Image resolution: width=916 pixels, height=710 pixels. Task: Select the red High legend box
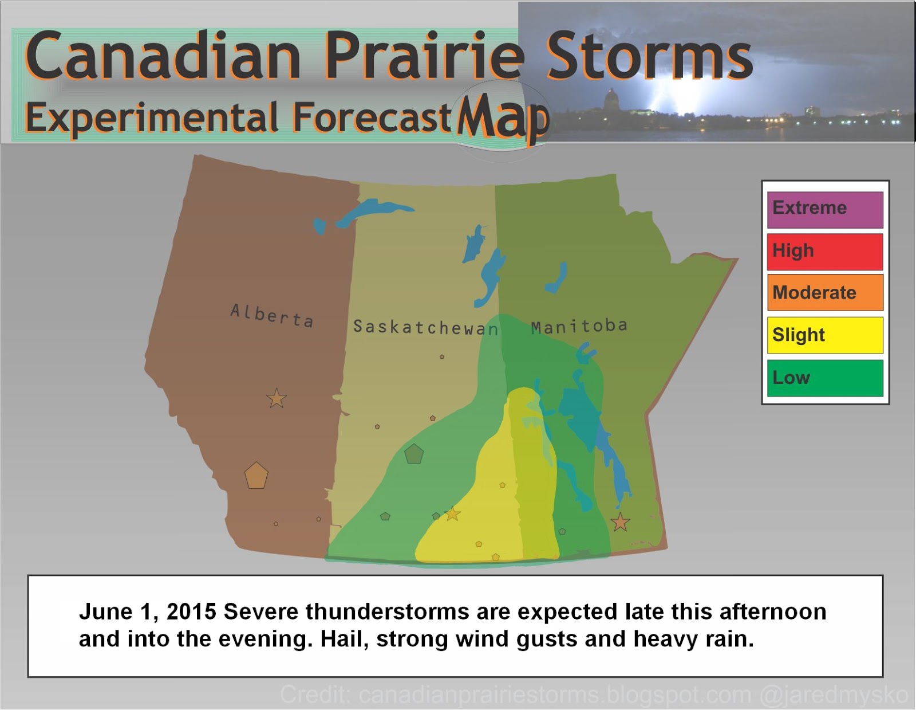pos(824,252)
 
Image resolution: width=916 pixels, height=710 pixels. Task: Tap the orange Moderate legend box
pos(824,293)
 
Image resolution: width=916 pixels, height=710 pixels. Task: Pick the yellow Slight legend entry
pos(824,335)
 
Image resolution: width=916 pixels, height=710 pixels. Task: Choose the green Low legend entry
pos(824,378)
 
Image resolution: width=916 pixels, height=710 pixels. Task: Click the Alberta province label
pos(272,316)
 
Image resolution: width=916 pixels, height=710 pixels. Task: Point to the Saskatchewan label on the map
pos(425,327)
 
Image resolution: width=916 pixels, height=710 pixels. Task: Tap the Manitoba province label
pos(579,326)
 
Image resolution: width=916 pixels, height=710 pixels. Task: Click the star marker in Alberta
pos(277,398)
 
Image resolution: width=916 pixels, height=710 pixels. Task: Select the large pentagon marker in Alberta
pos(256,476)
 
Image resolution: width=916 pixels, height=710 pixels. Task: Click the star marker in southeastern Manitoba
pos(620,522)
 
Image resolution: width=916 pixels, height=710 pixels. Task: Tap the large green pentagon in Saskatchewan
pos(414,454)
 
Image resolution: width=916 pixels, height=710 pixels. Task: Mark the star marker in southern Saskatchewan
pos(453,514)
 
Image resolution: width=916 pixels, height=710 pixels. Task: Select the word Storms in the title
pos(649,57)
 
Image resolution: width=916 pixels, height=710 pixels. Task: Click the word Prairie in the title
pos(424,57)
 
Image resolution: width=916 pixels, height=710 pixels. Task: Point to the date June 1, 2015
pos(147,612)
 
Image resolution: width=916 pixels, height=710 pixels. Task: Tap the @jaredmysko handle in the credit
pos(834,695)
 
